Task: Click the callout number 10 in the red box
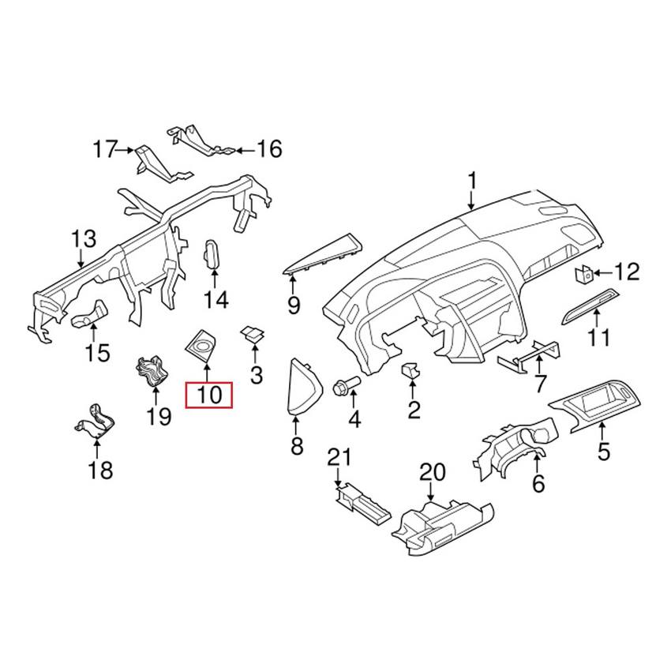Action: coord(208,394)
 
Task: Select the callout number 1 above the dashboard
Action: coord(472,182)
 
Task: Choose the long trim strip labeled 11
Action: coord(593,305)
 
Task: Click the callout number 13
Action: coord(84,238)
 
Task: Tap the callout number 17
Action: coord(104,148)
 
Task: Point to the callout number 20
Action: coord(433,473)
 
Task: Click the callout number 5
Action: coord(604,452)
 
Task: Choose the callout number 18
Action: coord(100,471)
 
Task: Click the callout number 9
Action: coord(294,304)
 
